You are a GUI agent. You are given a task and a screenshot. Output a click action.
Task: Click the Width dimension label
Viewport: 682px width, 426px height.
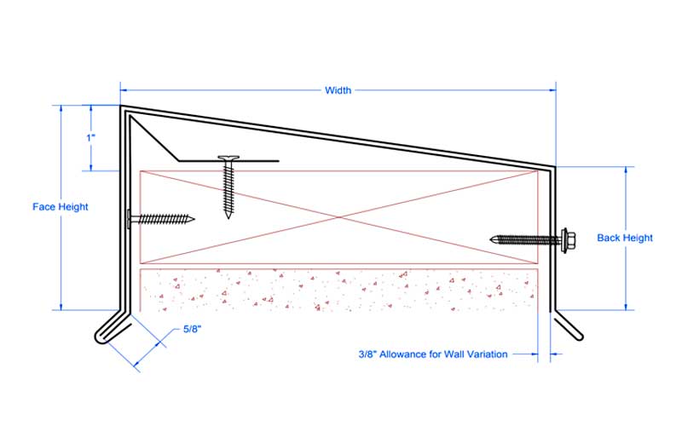pyautogui.click(x=338, y=90)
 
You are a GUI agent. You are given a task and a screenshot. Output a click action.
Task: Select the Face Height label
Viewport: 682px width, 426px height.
pyautogui.click(x=60, y=207)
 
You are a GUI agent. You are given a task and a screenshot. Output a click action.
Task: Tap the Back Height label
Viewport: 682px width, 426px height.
pyautogui.click(x=625, y=238)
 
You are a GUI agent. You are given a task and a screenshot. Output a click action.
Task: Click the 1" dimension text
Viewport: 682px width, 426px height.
pyautogui.click(x=91, y=138)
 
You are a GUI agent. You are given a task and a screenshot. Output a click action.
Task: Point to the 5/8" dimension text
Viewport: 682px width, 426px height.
pyautogui.click(x=193, y=329)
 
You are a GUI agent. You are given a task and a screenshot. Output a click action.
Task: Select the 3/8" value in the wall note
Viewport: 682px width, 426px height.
pyautogui.click(x=367, y=354)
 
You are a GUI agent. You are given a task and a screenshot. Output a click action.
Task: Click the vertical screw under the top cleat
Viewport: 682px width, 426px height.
pyautogui.click(x=228, y=187)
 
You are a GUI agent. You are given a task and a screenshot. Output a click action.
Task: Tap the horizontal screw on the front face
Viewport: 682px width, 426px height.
pyautogui.click(x=161, y=219)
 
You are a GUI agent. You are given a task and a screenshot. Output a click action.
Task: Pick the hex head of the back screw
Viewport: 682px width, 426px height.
pyautogui.click(x=568, y=239)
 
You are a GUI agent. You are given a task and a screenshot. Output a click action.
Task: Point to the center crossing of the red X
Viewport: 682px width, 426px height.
pyautogui.click(x=338, y=217)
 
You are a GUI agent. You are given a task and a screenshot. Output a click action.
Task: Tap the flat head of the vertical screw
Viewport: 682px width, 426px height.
pyautogui.click(x=228, y=158)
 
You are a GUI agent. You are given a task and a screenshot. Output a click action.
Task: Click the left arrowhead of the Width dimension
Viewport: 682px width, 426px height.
pyautogui.click(x=123, y=90)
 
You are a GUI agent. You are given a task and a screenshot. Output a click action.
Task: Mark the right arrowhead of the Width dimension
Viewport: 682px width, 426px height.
pyautogui.click(x=552, y=90)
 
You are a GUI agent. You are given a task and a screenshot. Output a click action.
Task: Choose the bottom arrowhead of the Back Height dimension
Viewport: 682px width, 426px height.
pyautogui.click(x=626, y=307)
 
